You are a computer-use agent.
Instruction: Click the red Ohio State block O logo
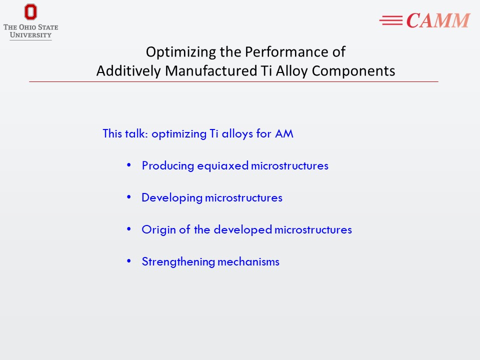pos(30,12)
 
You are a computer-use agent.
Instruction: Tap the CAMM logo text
pos(438,20)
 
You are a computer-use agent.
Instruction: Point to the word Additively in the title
pos(128,71)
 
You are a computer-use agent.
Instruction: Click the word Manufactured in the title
pos(211,70)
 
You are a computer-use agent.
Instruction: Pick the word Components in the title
pos(353,71)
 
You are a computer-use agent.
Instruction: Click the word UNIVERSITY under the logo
pos(30,35)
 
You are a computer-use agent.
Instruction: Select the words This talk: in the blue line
pos(125,133)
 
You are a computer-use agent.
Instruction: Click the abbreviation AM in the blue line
pos(284,133)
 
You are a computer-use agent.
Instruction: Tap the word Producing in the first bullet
pos(168,166)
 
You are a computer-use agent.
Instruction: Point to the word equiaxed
pos(223,166)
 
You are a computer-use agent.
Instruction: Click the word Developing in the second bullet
pos(171,198)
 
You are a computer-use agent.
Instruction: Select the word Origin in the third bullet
pos(158,230)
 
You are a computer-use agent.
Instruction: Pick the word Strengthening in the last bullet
pos(178,262)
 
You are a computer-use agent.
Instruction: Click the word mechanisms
pos(248,262)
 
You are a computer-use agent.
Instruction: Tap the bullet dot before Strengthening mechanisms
pos(129,261)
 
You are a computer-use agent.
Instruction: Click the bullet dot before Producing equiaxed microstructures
pos(129,165)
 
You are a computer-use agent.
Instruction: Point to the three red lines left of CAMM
pos(391,20)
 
